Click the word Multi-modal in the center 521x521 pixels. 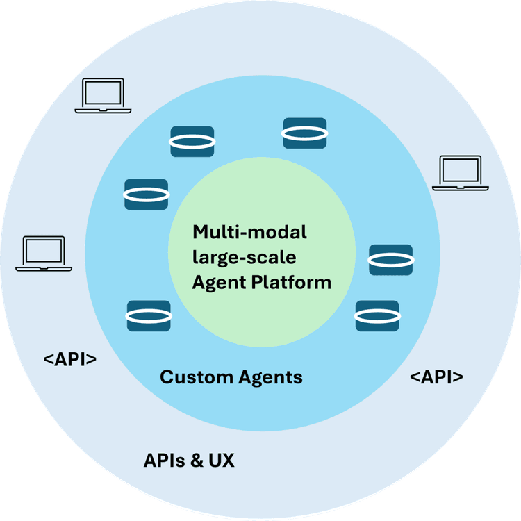tap(249, 231)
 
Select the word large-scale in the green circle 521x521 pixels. tap(245, 257)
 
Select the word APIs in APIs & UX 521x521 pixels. tap(165, 461)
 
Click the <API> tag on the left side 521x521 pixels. tap(69, 360)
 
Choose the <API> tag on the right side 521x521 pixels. tap(436, 377)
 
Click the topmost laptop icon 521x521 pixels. tap(102, 95)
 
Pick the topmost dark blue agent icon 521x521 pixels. tap(304, 133)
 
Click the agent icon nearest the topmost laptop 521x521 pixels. tap(192, 141)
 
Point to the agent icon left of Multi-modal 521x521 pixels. tap(146, 195)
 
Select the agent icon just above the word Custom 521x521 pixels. tap(149, 315)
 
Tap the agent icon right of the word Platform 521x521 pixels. tap(390, 259)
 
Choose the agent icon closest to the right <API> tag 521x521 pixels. tap(377, 315)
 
